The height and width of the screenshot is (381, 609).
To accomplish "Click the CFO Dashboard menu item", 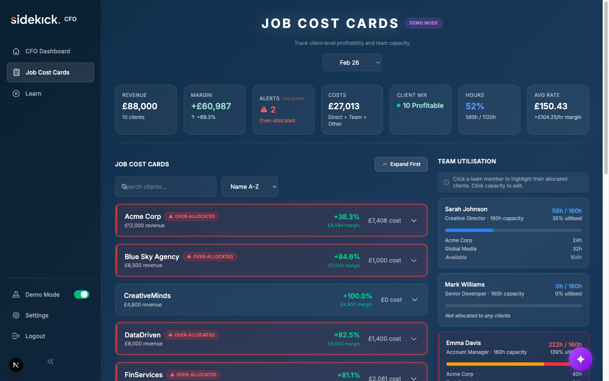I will (x=47, y=51).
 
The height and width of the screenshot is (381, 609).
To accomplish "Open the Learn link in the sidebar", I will (x=33, y=94).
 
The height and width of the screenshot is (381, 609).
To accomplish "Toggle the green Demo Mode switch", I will (x=82, y=295).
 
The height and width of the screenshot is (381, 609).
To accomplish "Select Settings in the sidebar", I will (x=37, y=315).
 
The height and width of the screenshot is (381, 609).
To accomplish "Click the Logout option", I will (x=35, y=336).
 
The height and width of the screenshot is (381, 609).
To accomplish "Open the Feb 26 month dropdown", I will (x=352, y=63).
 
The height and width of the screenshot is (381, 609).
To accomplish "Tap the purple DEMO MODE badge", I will (x=423, y=23).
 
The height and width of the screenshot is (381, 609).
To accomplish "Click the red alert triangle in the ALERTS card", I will (x=264, y=109).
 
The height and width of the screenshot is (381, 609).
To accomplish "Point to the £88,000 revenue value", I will (x=140, y=106).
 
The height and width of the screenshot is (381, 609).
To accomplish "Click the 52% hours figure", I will (x=475, y=106).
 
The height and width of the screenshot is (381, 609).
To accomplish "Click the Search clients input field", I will (x=166, y=187).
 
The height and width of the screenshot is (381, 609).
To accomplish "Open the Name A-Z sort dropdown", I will (x=250, y=187).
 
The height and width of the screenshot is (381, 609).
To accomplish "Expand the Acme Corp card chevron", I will (x=414, y=221).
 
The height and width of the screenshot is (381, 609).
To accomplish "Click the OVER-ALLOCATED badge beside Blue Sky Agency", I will (x=210, y=257).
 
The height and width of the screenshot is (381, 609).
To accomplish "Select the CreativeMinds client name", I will (x=147, y=295).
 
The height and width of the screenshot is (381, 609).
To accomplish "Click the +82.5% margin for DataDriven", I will (x=346, y=335).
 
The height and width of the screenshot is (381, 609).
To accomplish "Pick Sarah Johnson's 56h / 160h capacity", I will (x=566, y=211).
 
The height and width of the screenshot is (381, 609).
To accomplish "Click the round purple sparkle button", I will (x=580, y=359).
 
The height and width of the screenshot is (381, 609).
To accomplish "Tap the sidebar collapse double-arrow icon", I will (x=50, y=362).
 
